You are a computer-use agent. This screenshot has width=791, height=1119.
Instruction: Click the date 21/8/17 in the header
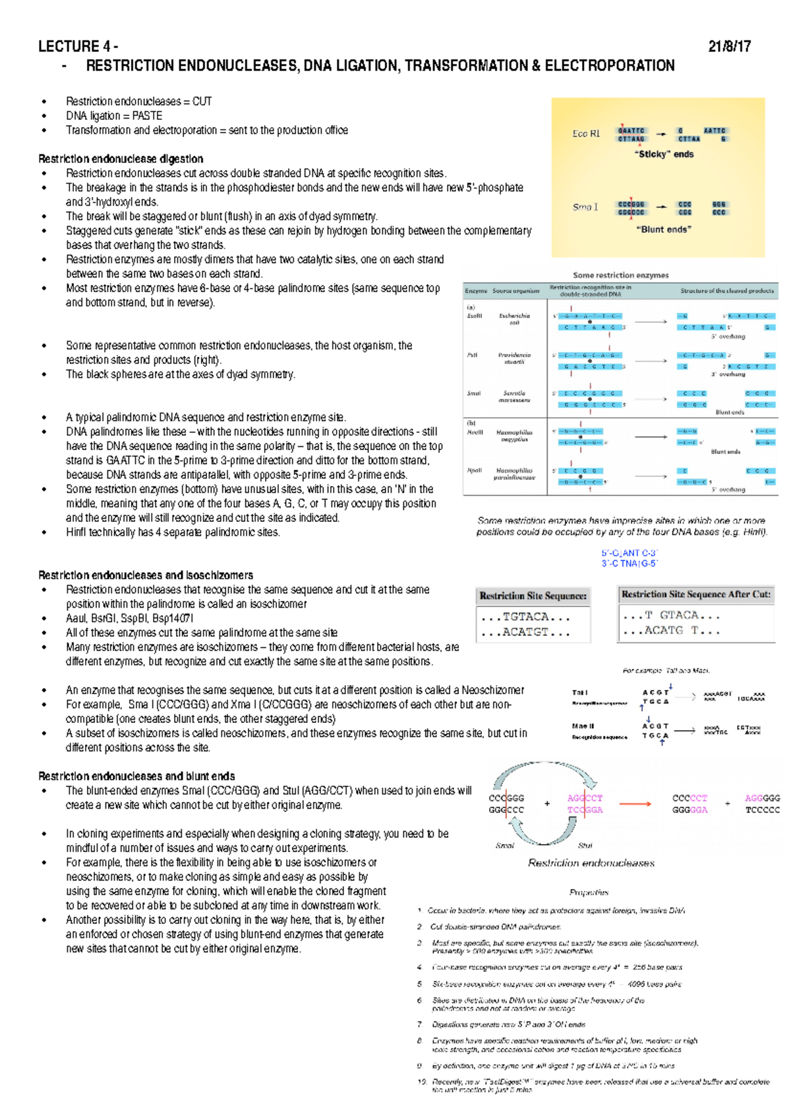(729, 47)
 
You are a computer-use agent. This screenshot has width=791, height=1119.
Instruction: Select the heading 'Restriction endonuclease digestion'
(121, 159)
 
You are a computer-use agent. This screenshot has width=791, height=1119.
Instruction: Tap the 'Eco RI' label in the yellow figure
(585, 134)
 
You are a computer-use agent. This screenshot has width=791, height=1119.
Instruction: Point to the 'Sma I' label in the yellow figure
(585, 207)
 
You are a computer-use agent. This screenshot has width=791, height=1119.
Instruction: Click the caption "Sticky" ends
(664, 154)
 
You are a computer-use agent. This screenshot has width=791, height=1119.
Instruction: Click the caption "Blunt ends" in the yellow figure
(664, 229)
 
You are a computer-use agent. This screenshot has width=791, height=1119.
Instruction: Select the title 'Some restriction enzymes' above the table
(620, 275)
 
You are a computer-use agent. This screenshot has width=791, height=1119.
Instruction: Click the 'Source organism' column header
(515, 291)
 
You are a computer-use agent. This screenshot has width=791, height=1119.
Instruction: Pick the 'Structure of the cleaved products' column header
(727, 291)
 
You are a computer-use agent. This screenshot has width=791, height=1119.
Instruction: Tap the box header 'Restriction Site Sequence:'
(533, 596)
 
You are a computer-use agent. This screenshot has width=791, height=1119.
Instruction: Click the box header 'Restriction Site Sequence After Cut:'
(695, 594)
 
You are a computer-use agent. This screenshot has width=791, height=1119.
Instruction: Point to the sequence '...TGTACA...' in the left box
(525, 617)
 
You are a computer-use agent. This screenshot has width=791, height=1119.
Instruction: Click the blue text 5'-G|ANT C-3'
(629, 553)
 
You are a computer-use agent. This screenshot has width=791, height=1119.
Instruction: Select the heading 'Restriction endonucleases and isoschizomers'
(146, 575)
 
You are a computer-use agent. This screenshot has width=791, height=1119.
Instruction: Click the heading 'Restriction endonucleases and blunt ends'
(136, 776)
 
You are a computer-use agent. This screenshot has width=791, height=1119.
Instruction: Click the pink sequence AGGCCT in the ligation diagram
(585, 798)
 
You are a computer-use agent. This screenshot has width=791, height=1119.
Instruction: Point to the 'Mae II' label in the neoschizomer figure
(583, 726)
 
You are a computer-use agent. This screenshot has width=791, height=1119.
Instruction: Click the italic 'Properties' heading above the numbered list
(589, 892)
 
